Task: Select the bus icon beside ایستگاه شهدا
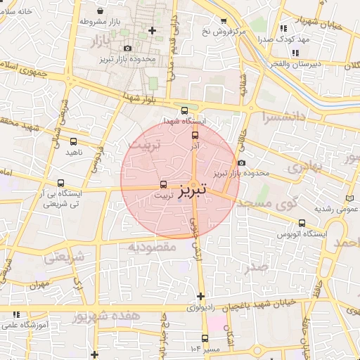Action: (184, 110)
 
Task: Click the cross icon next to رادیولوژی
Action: (201, 296)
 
